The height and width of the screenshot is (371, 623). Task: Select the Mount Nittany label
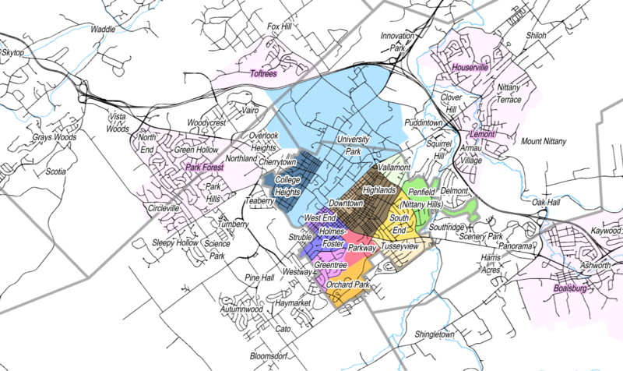click(x=544, y=141)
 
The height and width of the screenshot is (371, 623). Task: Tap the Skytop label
click(x=15, y=52)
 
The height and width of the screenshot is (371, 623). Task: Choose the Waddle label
click(x=103, y=29)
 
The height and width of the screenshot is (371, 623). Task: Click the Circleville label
click(x=163, y=209)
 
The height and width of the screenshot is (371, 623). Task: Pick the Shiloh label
click(x=537, y=36)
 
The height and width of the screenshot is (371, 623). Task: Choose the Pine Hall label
click(x=259, y=277)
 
